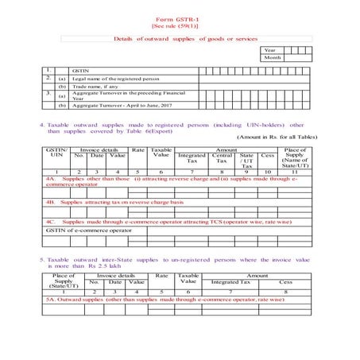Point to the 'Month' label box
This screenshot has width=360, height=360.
pos(271,58)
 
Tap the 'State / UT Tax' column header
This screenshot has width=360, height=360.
pos(246,160)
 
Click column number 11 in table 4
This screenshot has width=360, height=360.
pos(294,172)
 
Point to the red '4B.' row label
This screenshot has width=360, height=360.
pos(51,202)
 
